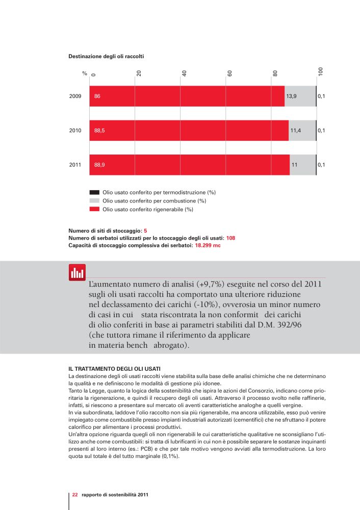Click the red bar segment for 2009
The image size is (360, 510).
tap(187, 96)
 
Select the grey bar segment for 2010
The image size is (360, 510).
tap(302, 131)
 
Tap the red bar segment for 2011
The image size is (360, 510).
tap(190, 165)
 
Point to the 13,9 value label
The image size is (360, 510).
tap(291, 96)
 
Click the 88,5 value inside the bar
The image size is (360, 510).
tap(99, 131)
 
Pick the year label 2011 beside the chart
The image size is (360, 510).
tap(75, 165)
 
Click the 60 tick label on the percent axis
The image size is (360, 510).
tap(229, 73)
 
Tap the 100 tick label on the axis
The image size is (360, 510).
tap(321, 71)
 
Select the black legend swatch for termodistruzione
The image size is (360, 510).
tap(94, 193)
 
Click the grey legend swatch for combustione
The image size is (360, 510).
tap(94, 201)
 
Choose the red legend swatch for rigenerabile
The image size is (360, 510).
tap(94, 209)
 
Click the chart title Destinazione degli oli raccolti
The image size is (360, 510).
tap(106, 56)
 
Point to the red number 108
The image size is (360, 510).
tap(230, 238)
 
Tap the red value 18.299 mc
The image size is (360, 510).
tap(208, 245)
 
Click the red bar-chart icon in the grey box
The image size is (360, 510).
tap(77, 272)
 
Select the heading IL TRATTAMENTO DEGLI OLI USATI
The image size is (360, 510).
tap(114, 369)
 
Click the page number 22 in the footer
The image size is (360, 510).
tap(75, 495)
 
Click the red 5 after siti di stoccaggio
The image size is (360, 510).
tap(145, 231)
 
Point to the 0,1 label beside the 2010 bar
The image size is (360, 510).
tap(321, 131)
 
